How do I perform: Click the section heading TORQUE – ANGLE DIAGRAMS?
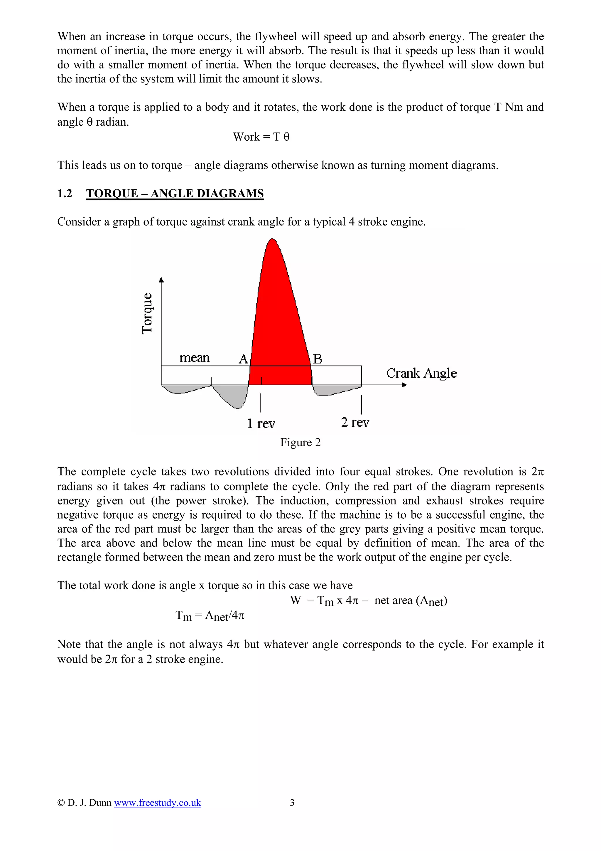[175, 194]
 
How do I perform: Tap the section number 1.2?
[65, 194]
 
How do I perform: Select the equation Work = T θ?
[261, 137]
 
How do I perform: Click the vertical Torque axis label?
[147, 314]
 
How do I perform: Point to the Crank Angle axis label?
[421, 373]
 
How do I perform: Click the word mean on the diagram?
[194, 358]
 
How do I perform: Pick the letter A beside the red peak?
[243, 359]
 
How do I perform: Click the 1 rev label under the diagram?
[261, 423]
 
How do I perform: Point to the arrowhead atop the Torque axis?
[161, 280]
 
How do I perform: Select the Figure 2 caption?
[300, 442]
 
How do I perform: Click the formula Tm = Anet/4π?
[210, 616]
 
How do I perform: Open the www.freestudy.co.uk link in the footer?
[157, 803]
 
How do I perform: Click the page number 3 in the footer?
[292, 803]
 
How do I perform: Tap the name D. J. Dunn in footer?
[89, 803]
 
